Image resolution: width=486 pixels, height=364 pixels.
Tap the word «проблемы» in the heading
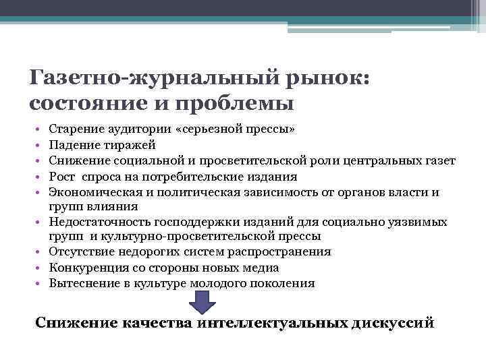coord(241,104)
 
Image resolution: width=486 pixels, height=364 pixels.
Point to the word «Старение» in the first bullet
coord(74,129)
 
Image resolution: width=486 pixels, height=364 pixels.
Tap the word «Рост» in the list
coord(62,177)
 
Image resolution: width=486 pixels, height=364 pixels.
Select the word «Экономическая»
coord(91,193)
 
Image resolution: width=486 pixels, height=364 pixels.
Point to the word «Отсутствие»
coord(79,252)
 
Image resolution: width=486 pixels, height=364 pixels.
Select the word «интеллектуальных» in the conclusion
coord(273,322)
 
